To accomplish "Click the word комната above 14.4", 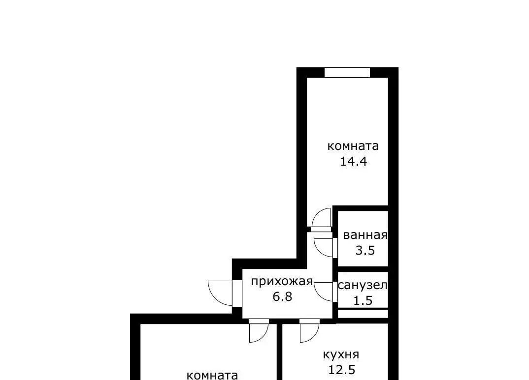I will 353,146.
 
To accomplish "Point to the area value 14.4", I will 353,161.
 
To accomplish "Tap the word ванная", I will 365,235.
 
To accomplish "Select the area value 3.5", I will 365,250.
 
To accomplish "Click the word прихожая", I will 282,281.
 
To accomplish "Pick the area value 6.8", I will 282,296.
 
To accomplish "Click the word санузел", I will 363,285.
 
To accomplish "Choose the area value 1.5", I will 363,300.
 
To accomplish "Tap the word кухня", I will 341,354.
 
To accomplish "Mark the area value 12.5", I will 341,370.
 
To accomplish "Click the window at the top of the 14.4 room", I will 347,72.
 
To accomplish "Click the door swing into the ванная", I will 324,247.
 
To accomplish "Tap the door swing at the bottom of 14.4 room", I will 321,217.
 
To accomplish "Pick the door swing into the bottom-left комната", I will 259,332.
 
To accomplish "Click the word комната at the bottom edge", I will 212,375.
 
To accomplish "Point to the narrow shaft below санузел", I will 363,314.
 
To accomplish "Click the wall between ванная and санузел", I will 363,269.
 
